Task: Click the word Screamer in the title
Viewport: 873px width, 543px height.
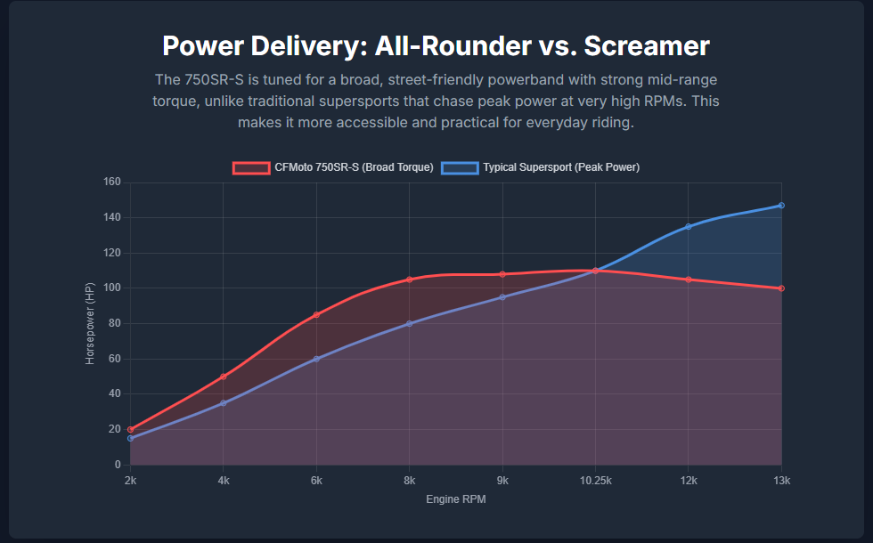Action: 648,46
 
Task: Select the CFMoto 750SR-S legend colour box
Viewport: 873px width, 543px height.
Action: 250,167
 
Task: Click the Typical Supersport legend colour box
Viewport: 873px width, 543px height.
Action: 459,167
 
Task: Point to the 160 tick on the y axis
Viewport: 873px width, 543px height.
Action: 112,182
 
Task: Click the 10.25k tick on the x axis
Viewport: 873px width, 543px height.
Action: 595,481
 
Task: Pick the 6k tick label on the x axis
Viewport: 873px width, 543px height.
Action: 316,481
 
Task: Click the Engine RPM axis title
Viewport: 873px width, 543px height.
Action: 455,499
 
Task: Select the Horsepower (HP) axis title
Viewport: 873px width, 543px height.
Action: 90,324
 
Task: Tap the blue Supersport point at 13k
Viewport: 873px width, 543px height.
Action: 781,206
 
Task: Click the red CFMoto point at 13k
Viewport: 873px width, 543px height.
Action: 781,288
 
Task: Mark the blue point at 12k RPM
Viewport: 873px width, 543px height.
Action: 688,227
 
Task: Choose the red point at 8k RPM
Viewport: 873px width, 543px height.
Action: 410,280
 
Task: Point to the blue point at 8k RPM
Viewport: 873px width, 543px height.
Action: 410,323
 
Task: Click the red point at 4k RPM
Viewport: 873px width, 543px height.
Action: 224,377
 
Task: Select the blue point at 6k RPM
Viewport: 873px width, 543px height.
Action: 316,359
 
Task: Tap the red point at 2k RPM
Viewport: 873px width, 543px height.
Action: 130,429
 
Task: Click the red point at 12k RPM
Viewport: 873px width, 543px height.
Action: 688,280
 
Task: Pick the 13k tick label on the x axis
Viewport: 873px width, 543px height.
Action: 781,481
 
